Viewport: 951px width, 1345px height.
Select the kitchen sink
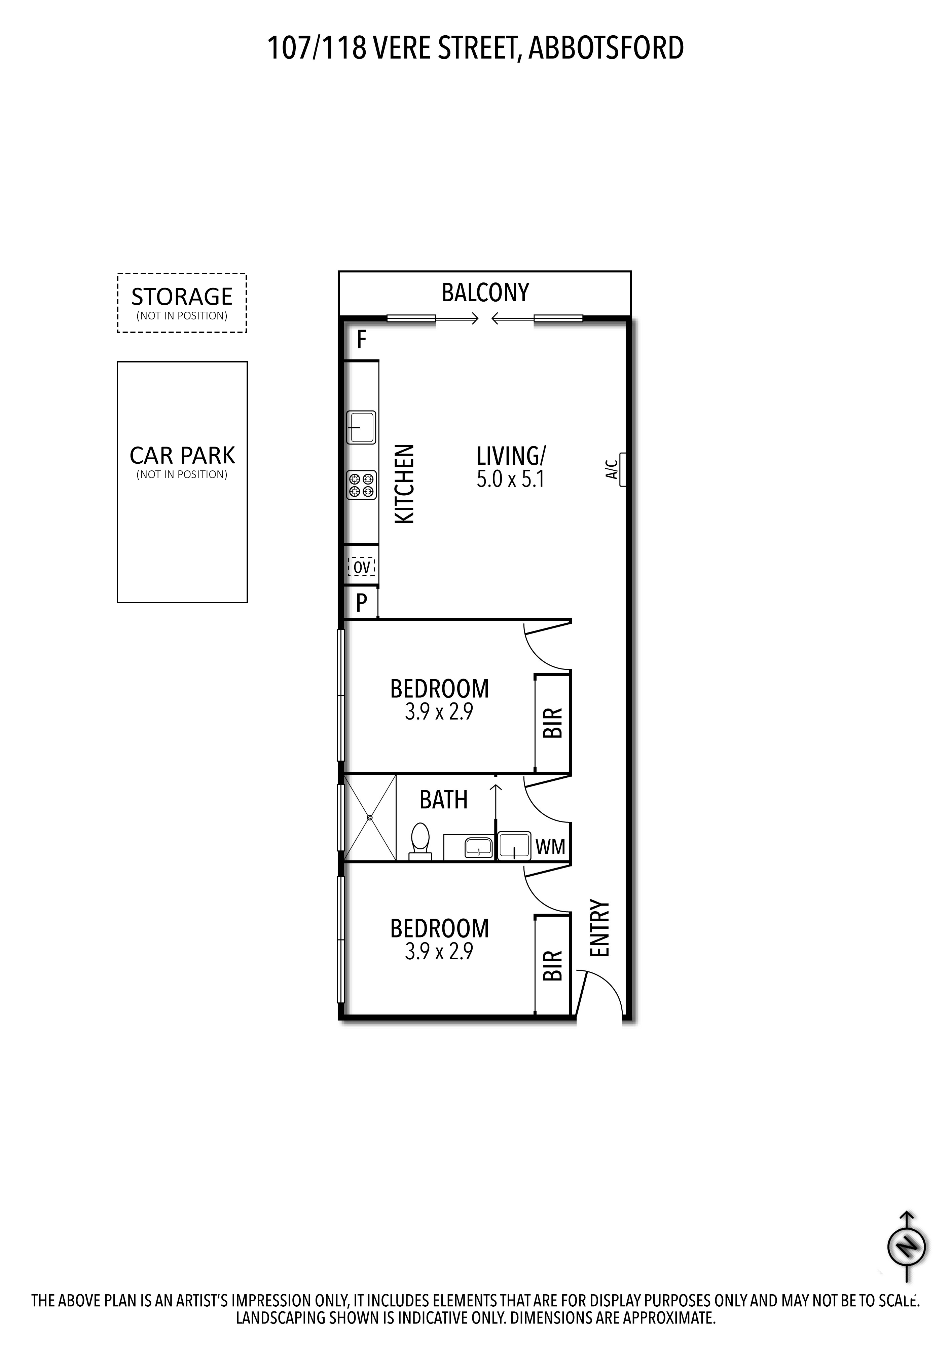362,428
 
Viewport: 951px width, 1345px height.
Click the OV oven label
362,567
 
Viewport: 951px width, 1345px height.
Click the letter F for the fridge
362,340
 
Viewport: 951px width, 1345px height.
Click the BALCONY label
485,292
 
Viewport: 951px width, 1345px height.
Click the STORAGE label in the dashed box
182,297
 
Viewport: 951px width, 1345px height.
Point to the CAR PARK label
182,455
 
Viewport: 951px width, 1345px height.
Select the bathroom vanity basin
479,847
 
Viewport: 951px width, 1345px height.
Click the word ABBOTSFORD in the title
606,48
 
